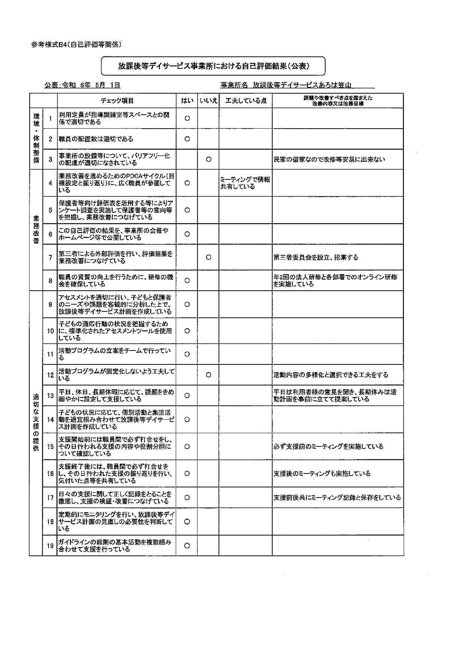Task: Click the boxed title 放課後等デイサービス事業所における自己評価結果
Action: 213,66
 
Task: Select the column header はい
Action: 187,100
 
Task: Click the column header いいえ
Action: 208,100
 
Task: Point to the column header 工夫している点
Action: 246,100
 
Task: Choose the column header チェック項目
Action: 117,100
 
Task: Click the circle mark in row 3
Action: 209,159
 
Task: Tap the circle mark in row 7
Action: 209,257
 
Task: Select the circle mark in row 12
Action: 209,375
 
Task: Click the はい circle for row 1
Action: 187,118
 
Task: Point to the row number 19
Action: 50,546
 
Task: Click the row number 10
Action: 50,331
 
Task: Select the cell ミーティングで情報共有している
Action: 245,183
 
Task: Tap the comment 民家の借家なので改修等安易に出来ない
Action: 329,159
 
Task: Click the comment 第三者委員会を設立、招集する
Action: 316,258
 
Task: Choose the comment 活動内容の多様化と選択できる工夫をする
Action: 331,375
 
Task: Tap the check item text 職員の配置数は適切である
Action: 96,139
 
